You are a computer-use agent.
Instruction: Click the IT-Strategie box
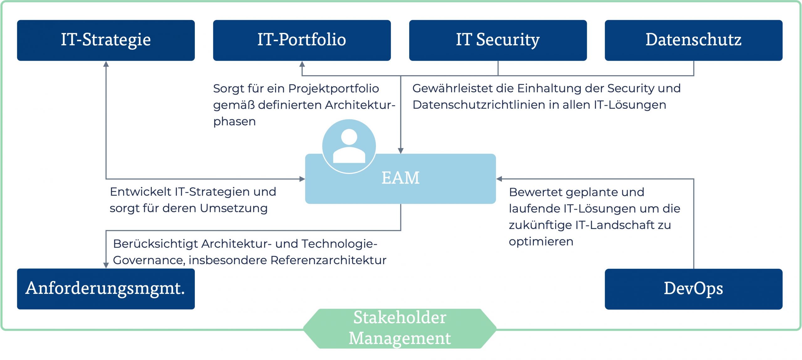(x=106, y=40)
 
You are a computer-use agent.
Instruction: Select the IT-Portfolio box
(x=302, y=40)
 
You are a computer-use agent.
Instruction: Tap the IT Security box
(x=497, y=40)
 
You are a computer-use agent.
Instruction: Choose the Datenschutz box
(x=693, y=40)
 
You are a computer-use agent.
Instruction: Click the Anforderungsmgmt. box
(x=106, y=289)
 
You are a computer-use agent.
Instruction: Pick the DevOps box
(x=693, y=289)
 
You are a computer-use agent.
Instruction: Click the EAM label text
(x=400, y=178)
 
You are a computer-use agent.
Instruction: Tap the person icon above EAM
(x=349, y=146)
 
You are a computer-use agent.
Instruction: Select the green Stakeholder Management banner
(x=400, y=328)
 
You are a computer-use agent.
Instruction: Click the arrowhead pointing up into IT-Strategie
(x=106, y=64)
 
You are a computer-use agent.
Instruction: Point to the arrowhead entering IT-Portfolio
(x=302, y=64)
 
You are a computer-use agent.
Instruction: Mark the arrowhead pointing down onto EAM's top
(x=400, y=151)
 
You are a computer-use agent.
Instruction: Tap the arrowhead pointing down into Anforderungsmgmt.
(x=106, y=265)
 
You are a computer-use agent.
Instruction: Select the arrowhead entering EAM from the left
(x=302, y=179)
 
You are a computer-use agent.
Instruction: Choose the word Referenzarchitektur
(x=328, y=260)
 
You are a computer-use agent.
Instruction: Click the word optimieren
(x=541, y=242)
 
